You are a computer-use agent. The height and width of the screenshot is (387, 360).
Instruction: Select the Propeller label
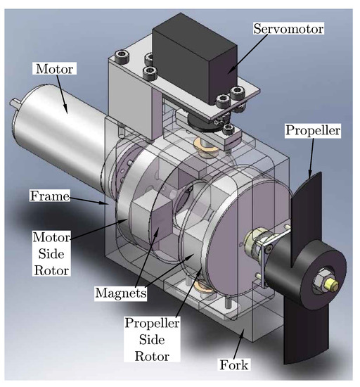314,132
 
